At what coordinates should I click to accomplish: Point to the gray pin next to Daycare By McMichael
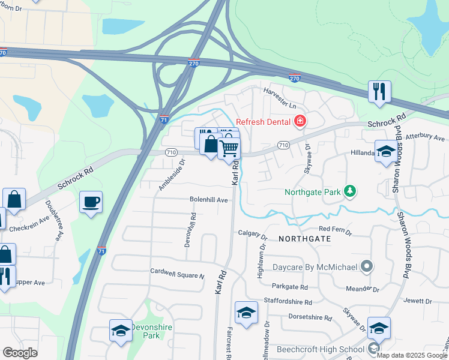pos(367,266)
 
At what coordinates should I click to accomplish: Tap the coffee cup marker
pos(91,202)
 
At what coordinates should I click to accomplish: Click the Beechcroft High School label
pos(319,349)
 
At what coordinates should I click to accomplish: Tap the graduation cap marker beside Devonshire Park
pos(121,331)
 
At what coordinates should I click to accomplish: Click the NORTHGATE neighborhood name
pos(304,238)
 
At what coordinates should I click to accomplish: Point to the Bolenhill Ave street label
pos(209,199)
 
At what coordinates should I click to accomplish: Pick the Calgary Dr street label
pos(252,233)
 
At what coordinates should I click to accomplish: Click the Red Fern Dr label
pos(334,229)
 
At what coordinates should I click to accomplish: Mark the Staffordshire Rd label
pos(288,302)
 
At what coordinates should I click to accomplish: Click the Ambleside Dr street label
pos(169,179)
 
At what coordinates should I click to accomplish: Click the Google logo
pos(20,353)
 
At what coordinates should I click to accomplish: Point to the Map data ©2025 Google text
pos(411,355)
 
